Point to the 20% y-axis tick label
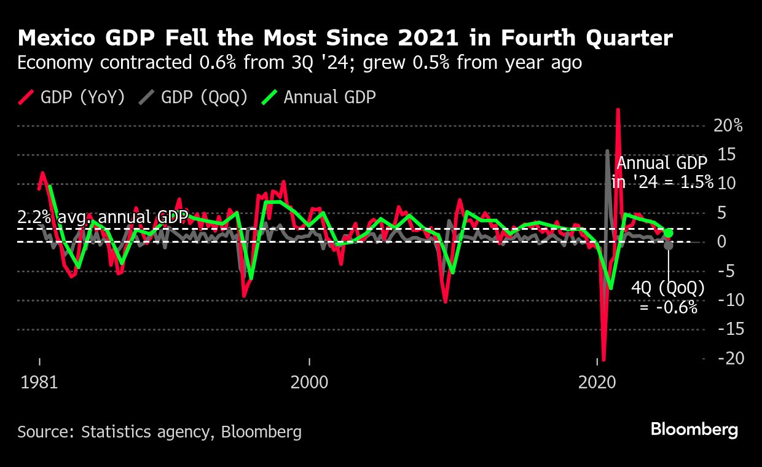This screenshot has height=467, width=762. coord(728,126)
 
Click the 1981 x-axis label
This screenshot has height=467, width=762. coord(39,382)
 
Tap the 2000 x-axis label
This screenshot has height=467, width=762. coord(309,382)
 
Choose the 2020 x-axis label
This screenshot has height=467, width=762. coord(597,382)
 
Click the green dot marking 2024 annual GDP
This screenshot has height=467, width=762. coord(669,233)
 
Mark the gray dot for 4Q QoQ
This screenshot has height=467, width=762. coord(669,245)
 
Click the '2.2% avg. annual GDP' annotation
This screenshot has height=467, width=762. coord(102,217)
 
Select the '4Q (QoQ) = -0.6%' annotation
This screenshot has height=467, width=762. coord(669,297)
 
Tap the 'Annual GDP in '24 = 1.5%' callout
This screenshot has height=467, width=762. coord(664,173)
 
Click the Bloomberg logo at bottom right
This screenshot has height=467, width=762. coord(694,430)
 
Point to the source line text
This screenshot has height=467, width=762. coord(160,432)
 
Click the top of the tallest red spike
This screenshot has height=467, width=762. coord(618,110)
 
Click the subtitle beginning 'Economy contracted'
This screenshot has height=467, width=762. coord(299,63)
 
